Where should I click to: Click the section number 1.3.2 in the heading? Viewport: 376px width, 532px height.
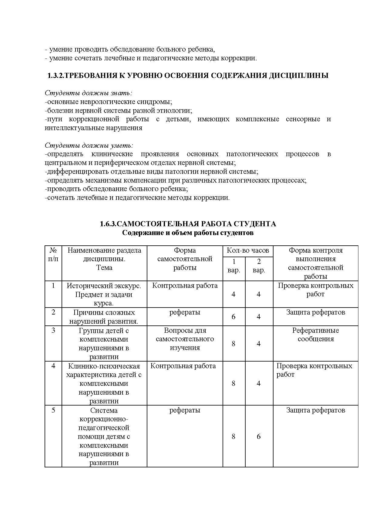click(56, 76)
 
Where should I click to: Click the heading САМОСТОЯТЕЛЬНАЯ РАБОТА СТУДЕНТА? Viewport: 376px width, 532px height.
click(196, 224)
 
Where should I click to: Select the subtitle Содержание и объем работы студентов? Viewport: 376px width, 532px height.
click(188, 233)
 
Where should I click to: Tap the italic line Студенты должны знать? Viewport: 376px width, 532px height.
click(89, 93)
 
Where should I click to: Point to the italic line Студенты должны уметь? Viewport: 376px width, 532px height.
click(89, 145)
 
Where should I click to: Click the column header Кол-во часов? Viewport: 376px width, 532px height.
click(248, 251)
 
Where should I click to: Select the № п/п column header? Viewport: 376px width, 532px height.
click(53, 254)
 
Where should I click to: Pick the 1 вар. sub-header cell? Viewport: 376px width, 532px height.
click(234, 266)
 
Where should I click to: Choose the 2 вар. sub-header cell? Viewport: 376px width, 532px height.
click(259, 266)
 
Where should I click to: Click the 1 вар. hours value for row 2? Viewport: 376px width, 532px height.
click(233, 317)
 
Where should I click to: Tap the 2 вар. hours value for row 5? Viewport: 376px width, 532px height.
click(259, 436)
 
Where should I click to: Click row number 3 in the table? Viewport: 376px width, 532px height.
click(53, 330)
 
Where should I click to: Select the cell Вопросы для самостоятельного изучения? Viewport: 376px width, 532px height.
click(185, 339)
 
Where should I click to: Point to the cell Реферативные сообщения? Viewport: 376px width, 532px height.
click(315, 335)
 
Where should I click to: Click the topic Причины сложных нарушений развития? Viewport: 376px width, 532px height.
click(104, 317)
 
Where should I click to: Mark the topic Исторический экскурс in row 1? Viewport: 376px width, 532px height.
click(104, 286)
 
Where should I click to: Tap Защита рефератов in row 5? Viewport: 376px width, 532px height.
click(315, 410)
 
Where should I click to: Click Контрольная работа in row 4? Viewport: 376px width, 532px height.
click(183, 366)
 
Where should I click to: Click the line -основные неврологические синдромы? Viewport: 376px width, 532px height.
click(109, 102)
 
